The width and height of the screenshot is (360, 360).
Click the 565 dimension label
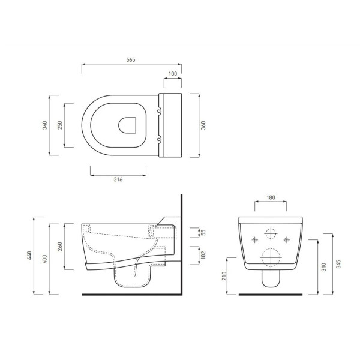click(131, 59)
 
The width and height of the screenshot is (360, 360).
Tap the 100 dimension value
click(173, 73)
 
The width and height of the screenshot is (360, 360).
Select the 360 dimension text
click(203, 125)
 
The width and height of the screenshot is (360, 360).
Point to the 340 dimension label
click(45, 125)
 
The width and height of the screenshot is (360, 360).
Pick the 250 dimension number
click(60, 125)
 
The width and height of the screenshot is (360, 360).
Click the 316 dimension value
click(118, 179)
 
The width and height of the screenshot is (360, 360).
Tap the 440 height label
click(29, 256)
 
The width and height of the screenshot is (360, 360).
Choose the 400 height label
click(45, 259)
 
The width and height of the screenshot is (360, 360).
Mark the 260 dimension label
click(60, 247)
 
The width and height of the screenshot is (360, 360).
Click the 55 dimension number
click(203, 233)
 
